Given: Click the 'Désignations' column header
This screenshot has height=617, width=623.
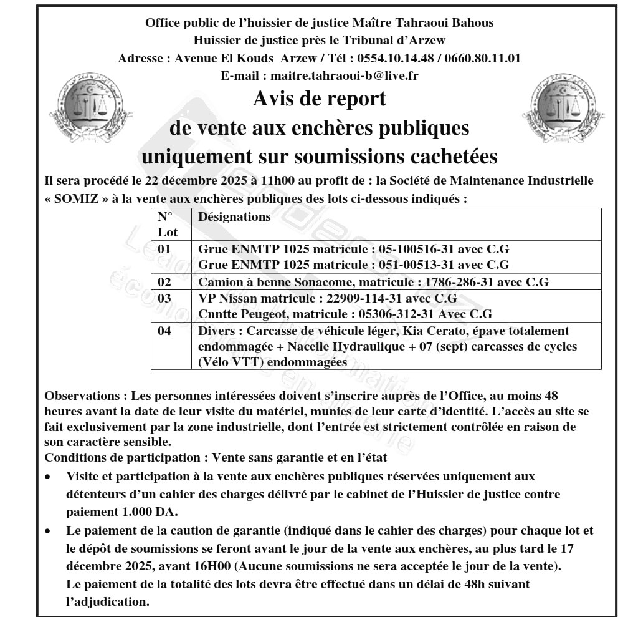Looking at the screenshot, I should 234,218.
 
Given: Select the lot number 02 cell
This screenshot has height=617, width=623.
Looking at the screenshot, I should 164,282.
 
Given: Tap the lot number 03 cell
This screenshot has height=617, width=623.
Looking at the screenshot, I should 164,298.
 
